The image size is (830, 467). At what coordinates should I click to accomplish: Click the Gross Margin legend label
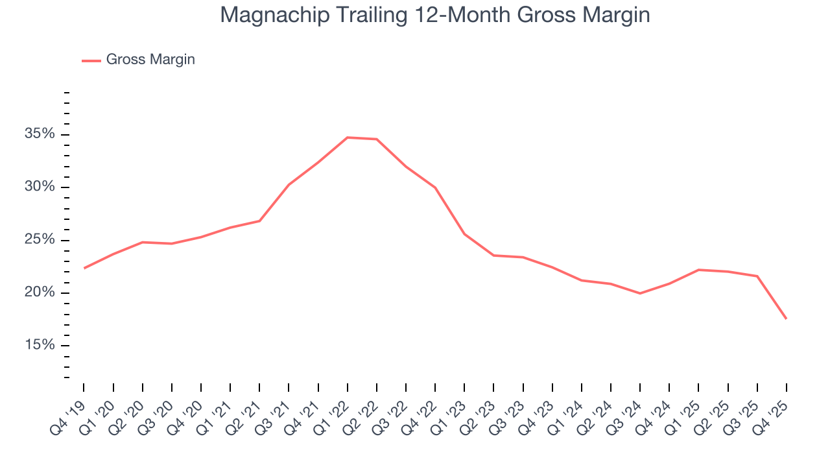click(150, 60)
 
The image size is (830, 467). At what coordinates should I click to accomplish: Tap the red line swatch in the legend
click(91, 60)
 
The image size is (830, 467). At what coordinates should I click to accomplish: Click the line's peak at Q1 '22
click(348, 138)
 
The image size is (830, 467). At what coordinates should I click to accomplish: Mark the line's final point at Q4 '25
click(787, 318)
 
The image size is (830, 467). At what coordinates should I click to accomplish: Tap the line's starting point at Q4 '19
click(84, 268)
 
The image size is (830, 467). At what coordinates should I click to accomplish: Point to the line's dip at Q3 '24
click(640, 293)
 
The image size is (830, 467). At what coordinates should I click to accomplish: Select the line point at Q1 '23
click(464, 233)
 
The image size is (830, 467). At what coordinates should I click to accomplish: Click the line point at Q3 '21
click(289, 184)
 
